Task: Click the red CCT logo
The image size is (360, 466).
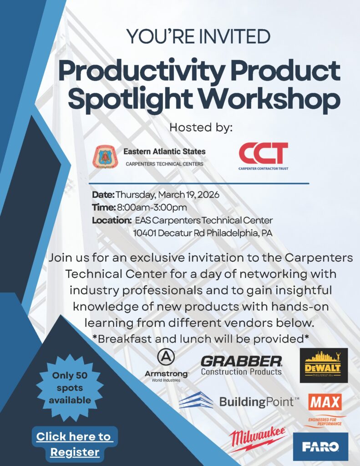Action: [x=264, y=156]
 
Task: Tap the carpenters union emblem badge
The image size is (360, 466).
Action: [x=105, y=157]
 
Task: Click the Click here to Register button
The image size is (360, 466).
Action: [x=75, y=444]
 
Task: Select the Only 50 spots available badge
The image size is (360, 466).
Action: [x=70, y=388]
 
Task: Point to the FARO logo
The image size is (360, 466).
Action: [x=320, y=446]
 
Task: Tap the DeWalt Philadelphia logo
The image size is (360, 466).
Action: [x=324, y=365]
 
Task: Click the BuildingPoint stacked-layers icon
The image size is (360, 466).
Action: [x=196, y=400]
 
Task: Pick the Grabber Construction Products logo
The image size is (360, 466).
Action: [x=241, y=365]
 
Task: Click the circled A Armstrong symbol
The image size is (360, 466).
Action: [x=166, y=358]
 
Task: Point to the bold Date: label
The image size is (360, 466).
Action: [x=103, y=195]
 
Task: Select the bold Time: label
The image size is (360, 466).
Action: [x=103, y=207]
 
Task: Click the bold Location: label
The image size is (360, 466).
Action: [x=112, y=221]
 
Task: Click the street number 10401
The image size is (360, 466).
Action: [x=144, y=233]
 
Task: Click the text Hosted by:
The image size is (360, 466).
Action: [x=201, y=127]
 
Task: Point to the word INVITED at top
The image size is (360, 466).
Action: [x=235, y=36]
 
